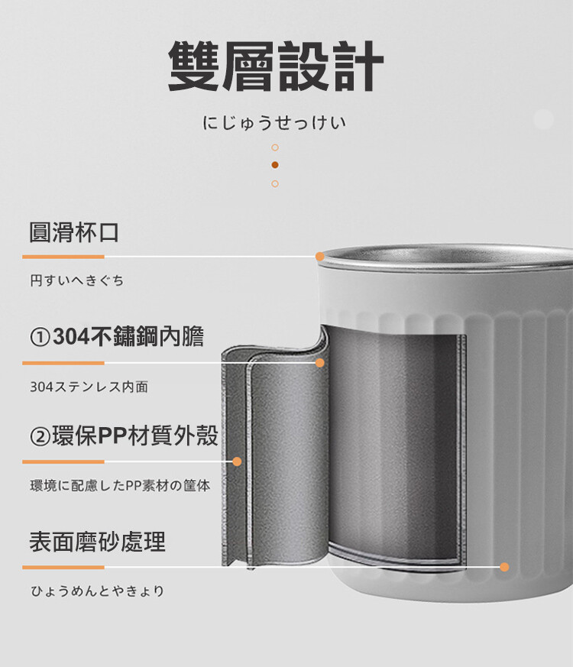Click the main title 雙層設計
[276, 66]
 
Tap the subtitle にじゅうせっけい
[274, 123]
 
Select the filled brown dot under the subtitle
[275, 164]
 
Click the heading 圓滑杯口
[74, 232]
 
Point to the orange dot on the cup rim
[320, 257]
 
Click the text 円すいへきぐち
[77, 280]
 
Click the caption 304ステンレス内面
[89, 387]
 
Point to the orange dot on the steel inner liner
[320, 363]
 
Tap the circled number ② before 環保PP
[40, 436]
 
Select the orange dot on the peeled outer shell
[238, 461]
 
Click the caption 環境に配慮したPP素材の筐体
[120, 486]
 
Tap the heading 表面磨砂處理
[97, 542]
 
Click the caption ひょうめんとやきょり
[97, 591]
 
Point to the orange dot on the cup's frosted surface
[504, 567]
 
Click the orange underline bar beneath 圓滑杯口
[63, 257]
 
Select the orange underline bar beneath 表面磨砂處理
[63, 568]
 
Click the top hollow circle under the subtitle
[275, 147]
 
